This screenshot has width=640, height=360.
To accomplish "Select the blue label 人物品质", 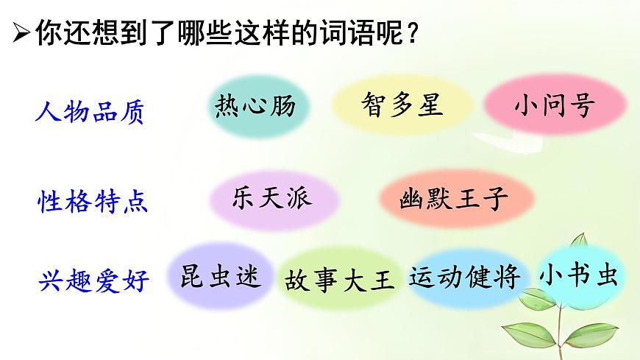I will (90, 113).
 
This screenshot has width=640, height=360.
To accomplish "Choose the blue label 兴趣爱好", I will (93, 280).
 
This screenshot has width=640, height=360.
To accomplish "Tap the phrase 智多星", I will (402, 105).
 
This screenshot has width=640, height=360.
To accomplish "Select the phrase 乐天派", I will (271, 197).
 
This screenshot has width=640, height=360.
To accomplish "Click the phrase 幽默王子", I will (454, 199).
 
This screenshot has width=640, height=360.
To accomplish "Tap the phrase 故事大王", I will (339, 280).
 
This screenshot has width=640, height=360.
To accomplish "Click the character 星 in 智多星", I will (430, 105).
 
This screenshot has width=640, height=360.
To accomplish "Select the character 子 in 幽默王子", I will (497, 199).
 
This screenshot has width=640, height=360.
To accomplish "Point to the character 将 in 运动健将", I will (508, 277).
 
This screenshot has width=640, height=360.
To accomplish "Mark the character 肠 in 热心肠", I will (282, 107).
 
